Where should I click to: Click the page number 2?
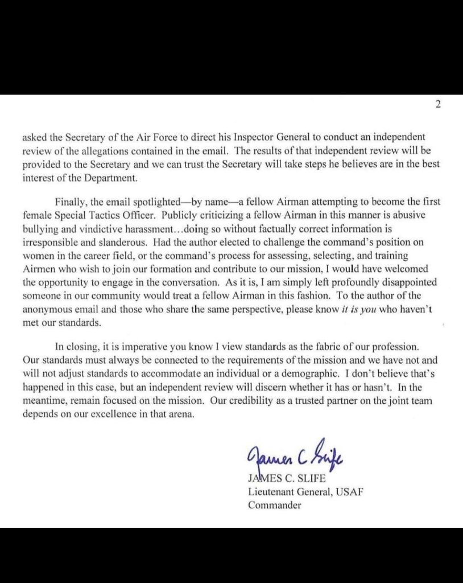(x=438, y=105)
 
